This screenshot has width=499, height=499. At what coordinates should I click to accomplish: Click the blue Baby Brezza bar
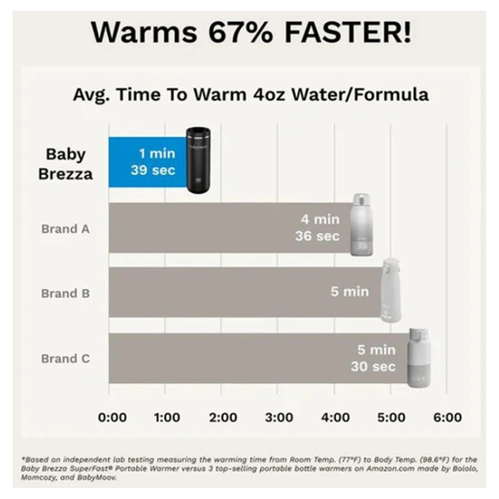148,162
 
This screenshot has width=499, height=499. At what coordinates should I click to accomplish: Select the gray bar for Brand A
230,228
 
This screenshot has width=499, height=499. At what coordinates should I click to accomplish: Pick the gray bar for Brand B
245,292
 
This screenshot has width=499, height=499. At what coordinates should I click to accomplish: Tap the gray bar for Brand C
258,359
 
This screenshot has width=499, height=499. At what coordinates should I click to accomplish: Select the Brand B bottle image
391,291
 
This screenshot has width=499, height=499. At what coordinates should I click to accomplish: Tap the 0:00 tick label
112,417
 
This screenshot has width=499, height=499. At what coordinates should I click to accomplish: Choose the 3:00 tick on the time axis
279,417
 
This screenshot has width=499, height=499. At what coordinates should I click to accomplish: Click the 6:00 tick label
447,417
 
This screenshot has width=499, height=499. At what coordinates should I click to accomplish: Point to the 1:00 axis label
167,417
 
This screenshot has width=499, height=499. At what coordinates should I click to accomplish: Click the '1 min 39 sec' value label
153,162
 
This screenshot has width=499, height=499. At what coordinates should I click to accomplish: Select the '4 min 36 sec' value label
317,228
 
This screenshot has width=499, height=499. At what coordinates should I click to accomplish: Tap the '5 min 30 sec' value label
373,358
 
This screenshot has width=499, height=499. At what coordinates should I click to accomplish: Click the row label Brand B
66,293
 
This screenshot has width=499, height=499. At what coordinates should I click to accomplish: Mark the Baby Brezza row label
66,164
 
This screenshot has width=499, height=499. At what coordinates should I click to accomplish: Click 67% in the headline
241,33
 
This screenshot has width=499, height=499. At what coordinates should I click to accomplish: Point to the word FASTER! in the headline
348,33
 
